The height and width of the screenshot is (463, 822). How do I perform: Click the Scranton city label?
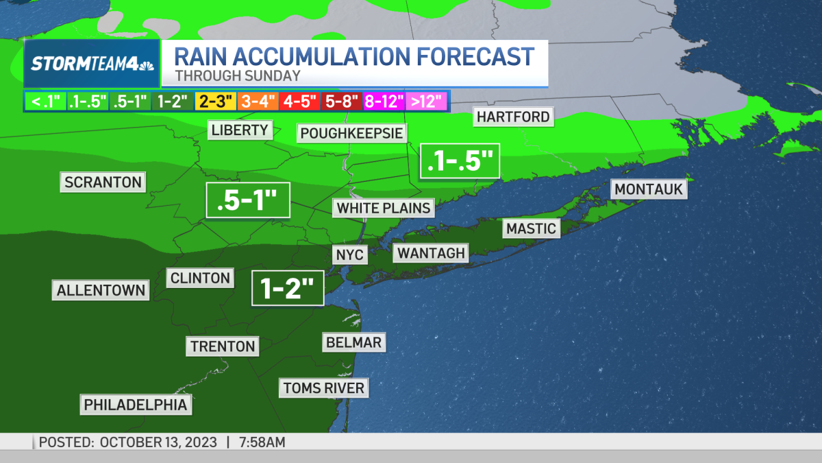click(x=103, y=182)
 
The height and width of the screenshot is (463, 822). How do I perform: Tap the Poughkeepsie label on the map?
click(x=351, y=132)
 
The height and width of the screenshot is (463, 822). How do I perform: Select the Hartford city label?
click(x=514, y=117)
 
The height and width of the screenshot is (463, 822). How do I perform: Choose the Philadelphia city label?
click(x=136, y=405)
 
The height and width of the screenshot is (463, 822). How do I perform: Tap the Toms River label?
click(x=323, y=388)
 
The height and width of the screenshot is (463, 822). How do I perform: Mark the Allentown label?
click(x=101, y=290)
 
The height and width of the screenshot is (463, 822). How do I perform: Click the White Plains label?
click(x=384, y=207)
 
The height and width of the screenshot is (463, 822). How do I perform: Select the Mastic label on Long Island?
click(x=531, y=228)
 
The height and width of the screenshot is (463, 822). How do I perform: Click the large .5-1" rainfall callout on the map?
click(x=248, y=200)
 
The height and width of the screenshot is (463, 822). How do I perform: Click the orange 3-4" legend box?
click(x=258, y=101)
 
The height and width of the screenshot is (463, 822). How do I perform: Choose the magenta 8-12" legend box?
click(x=384, y=101)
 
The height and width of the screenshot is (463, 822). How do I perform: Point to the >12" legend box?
click(x=427, y=101)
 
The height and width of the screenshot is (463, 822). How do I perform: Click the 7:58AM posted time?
click(x=262, y=442)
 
